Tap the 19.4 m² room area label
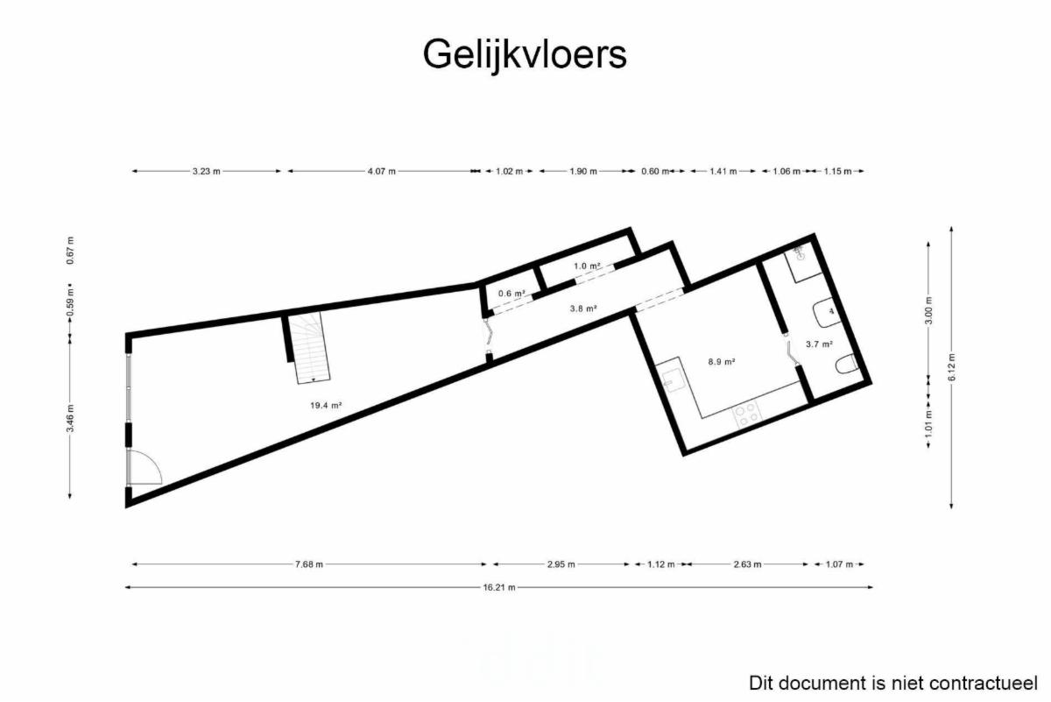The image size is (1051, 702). click(326, 405)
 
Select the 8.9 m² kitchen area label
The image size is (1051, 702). click(721, 362)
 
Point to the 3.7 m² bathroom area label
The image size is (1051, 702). click(819, 344)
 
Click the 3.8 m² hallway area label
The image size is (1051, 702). click(583, 308)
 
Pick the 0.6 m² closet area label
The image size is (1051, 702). click(511, 294)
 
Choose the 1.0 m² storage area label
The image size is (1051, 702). click(587, 266)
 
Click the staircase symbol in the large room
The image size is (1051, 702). click(308, 347)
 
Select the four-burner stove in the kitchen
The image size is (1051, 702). click(747, 415)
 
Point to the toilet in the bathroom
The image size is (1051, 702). click(847, 365)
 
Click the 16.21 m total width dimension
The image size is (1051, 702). click(498, 587)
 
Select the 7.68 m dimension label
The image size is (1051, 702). click(308, 564)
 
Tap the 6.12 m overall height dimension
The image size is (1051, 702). click(951, 367)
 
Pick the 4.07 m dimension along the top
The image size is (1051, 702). click(382, 172)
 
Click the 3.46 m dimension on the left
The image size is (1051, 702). click(70, 418)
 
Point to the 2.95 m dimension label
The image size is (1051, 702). click(561, 564)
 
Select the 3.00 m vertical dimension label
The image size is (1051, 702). click(928, 310)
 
